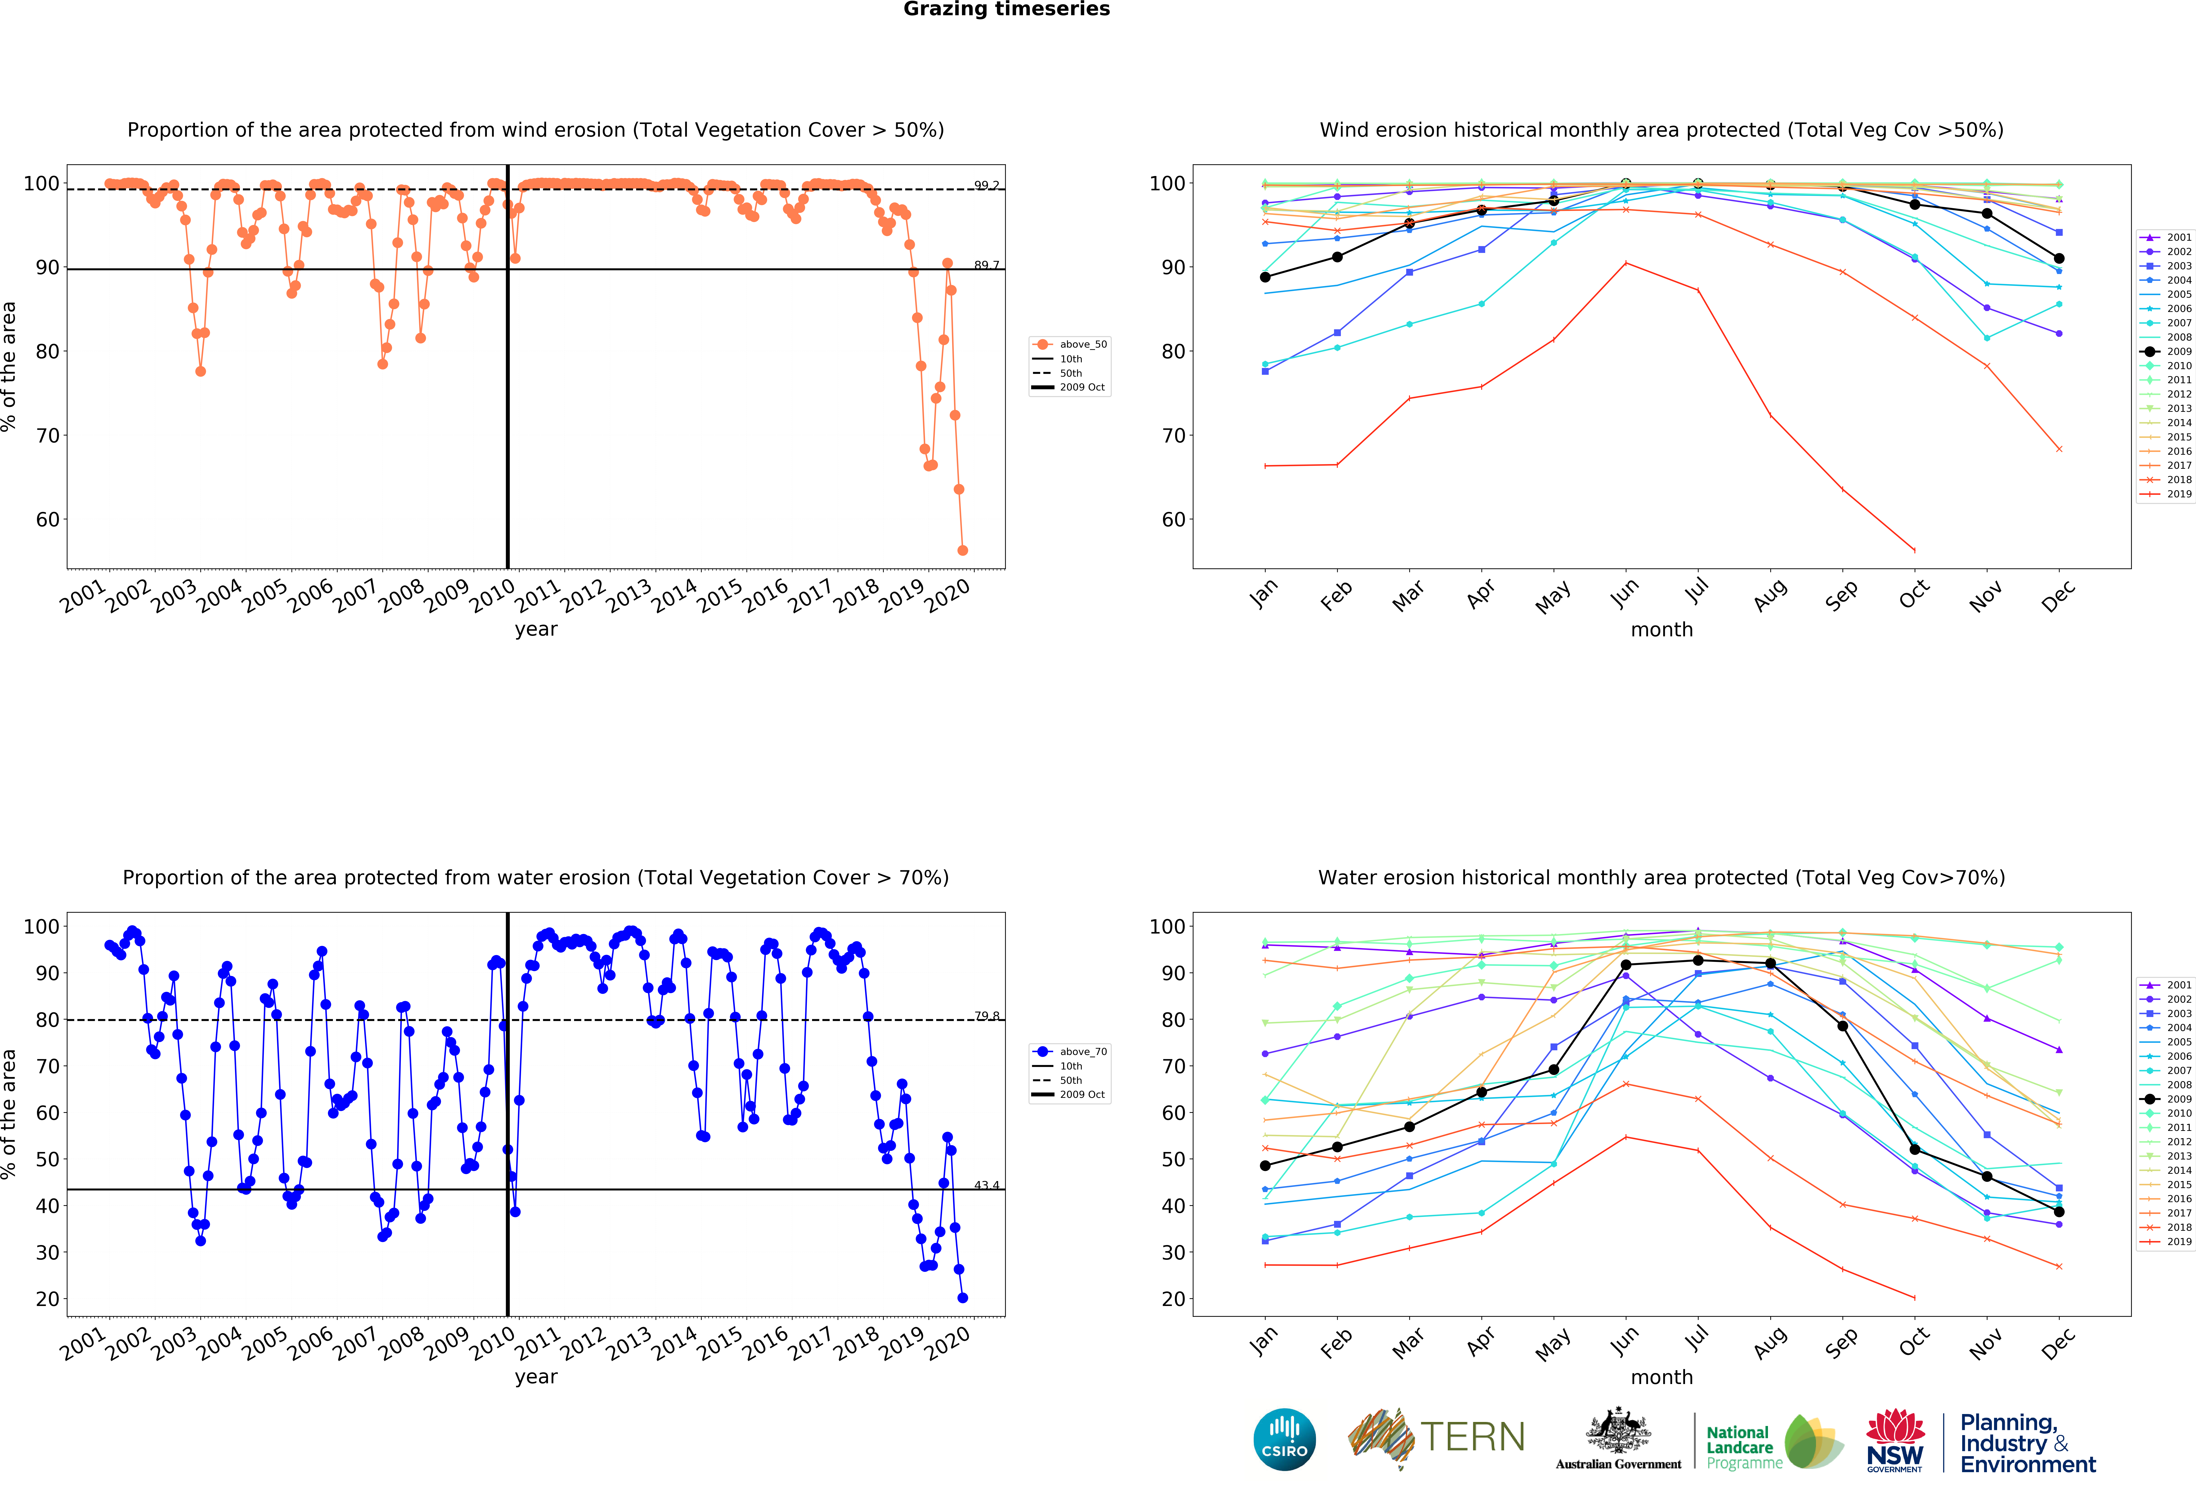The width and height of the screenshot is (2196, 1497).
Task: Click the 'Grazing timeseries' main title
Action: pos(1006,9)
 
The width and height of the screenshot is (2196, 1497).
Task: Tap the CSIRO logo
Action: pos(1284,1439)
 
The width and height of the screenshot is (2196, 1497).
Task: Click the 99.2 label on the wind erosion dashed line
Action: pos(987,185)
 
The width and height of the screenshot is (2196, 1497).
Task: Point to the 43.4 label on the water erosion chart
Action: pos(987,1185)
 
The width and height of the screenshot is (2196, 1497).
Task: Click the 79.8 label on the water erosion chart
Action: pos(987,1016)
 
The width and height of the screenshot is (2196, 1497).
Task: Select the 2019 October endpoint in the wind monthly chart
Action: pos(1914,550)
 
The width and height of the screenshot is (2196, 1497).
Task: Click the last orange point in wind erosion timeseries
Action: pos(962,550)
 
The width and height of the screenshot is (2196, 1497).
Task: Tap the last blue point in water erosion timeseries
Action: pos(962,1298)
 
